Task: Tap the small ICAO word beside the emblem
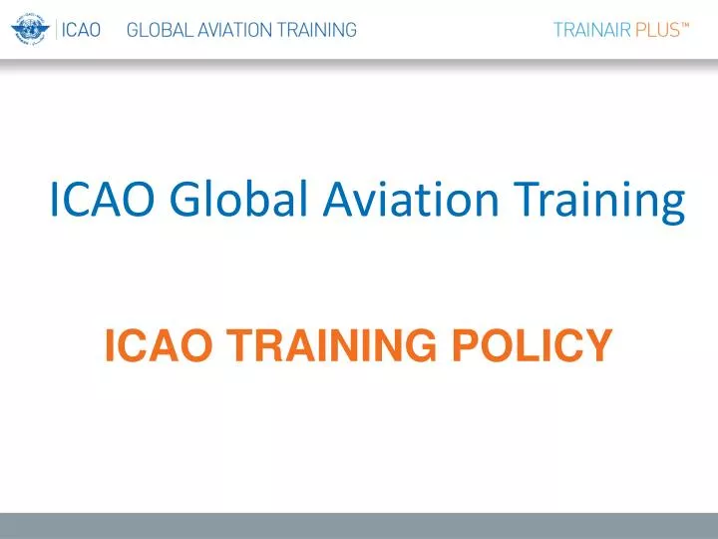coord(81,30)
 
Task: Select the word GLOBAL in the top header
coord(157,30)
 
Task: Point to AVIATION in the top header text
coord(226,30)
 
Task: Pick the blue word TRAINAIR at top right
coord(591,30)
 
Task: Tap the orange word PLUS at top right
coord(657,30)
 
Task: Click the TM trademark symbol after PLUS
coord(686,25)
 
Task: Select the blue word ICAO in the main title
coord(101,200)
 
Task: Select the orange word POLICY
coord(531,346)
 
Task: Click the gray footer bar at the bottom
coord(359,526)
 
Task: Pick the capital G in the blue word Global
coord(184,200)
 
